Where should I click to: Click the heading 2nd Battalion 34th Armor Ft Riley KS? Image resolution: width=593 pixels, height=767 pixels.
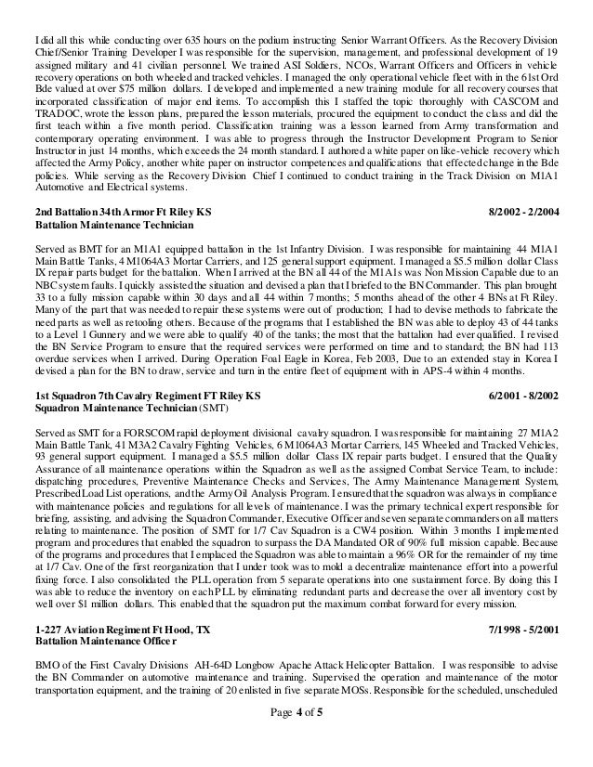122,212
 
